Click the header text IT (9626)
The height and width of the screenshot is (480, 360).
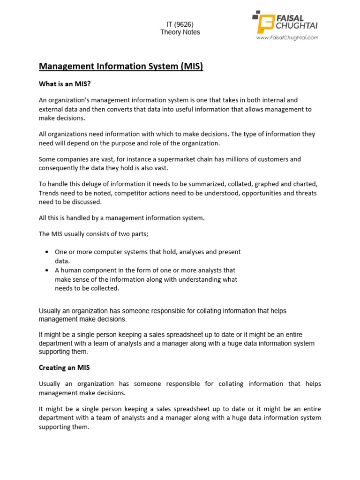click(x=180, y=24)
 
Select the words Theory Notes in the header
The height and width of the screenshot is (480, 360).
click(x=180, y=32)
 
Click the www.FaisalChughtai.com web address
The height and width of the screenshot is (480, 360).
click(x=287, y=37)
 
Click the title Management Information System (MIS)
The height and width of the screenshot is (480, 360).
click(x=121, y=67)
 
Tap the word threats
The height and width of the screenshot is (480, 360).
click(x=305, y=193)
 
